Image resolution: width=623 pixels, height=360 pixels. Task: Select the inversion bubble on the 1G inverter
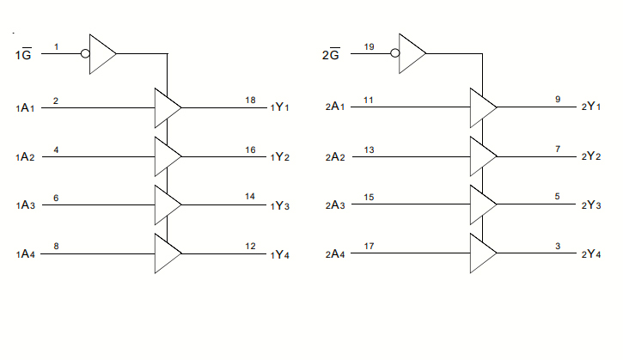coord(84,53)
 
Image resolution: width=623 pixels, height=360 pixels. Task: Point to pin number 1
coord(56,46)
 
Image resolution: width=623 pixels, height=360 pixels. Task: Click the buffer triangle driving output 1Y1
coord(166,107)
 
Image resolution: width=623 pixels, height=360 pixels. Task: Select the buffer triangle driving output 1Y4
coord(166,253)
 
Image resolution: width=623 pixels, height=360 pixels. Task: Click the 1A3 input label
coord(26,206)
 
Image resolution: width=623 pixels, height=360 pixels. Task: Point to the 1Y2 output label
coord(280,157)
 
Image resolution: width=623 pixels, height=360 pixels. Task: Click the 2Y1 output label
coord(590,108)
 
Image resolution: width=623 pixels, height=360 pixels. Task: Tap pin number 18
coord(250,101)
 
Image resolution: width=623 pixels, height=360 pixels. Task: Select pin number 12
coord(250,247)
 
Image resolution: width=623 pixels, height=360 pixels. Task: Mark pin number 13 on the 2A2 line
coord(369,149)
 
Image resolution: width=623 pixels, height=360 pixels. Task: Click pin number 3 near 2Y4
coord(558,247)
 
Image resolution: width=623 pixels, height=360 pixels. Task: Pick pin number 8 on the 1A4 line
coord(56,247)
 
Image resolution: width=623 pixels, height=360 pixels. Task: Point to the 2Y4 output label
coord(590,254)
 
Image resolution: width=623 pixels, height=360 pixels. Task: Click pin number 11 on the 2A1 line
coord(369,101)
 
